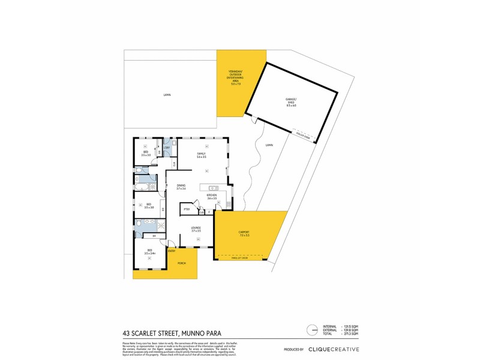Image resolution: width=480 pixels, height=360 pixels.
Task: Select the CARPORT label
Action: [244, 233]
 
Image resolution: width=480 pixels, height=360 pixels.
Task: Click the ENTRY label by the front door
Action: [171, 250]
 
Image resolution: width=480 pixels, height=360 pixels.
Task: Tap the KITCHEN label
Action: [211, 196]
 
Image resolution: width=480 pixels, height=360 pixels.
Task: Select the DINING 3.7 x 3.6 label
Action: [181, 187]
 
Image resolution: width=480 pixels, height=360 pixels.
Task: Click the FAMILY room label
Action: [202, 155]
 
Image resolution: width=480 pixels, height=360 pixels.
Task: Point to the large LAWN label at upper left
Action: [166, 95]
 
